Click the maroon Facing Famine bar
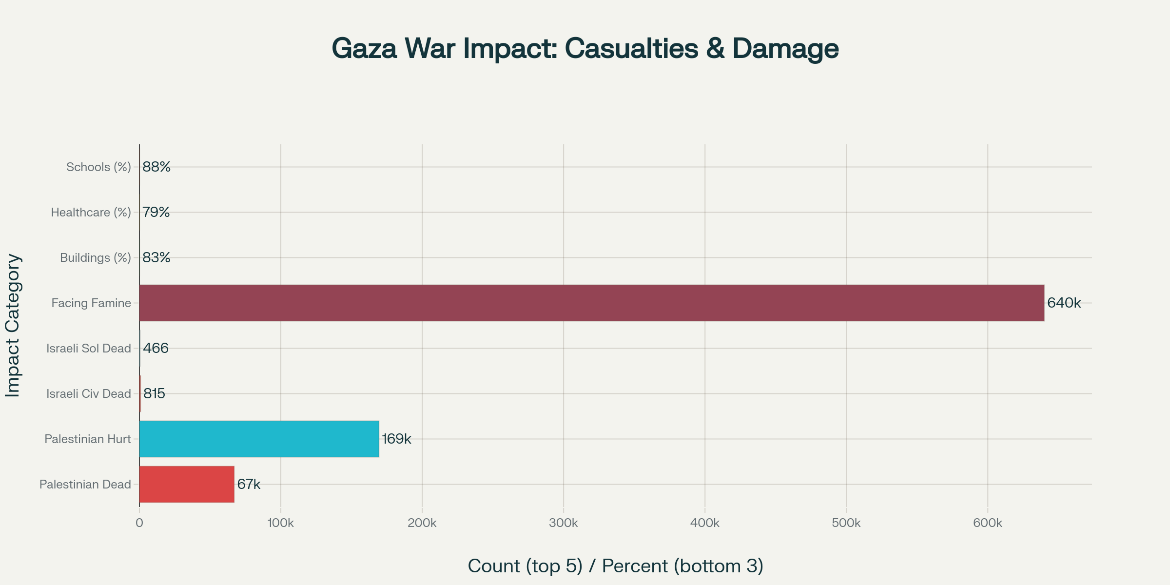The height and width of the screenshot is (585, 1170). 591,303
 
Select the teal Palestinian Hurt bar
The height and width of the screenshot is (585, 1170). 259,439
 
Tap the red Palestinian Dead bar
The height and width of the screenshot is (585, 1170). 187,484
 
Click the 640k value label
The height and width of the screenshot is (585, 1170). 1064,303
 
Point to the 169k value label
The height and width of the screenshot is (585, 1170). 396,439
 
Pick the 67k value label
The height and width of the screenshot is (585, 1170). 249,484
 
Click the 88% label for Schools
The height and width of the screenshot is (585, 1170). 156,167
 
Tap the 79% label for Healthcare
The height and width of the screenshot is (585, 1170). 156,212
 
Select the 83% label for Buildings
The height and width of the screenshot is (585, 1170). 156,257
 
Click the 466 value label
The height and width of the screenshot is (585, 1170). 156,348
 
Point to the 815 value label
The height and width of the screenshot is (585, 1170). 154,393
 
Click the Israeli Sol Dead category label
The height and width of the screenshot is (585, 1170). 89,348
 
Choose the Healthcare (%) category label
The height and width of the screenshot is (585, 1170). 91,212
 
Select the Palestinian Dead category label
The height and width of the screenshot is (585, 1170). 85,484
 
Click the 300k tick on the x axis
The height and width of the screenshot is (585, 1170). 564,523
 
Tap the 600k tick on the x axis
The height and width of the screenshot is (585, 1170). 988,523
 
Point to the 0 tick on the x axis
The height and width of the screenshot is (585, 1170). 139,523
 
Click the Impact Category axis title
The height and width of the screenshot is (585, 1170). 13,325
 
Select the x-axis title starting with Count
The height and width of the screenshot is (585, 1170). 615,566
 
